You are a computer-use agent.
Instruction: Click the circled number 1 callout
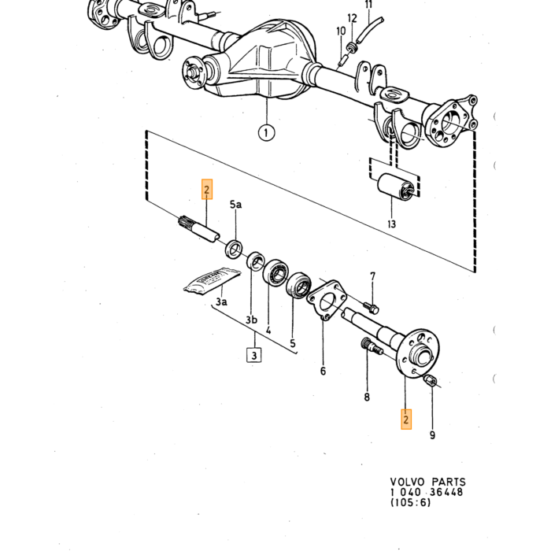(x=266, y=133)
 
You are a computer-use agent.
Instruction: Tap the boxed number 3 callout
(x=254, y=355)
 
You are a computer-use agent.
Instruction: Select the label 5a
(x=235, y=204)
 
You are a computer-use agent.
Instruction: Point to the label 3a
(x=221, y=301)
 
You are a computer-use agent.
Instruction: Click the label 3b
(x=251, y=320)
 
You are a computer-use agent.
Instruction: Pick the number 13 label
(x=391, y=224)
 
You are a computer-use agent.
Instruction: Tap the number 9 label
(x=432, y=435)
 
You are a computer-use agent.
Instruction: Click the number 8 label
(x=367, y=397)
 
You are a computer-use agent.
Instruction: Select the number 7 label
(x=373, y=277)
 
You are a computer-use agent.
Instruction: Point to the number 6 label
(x=323, y=371)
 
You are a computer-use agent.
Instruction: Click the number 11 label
(x=368, y=5)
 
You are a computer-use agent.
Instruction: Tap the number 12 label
(x=352, y=18)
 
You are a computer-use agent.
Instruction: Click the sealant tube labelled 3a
(x=213, y=281)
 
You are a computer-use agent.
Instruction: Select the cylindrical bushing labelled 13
(x=396, y=187)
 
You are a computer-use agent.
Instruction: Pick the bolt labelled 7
(x=371, y=308)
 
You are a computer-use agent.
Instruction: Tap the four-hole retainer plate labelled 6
(x=327, y=301)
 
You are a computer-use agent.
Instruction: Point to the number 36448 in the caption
(x=446, y=492)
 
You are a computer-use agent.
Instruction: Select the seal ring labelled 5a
(x=234, y=249)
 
